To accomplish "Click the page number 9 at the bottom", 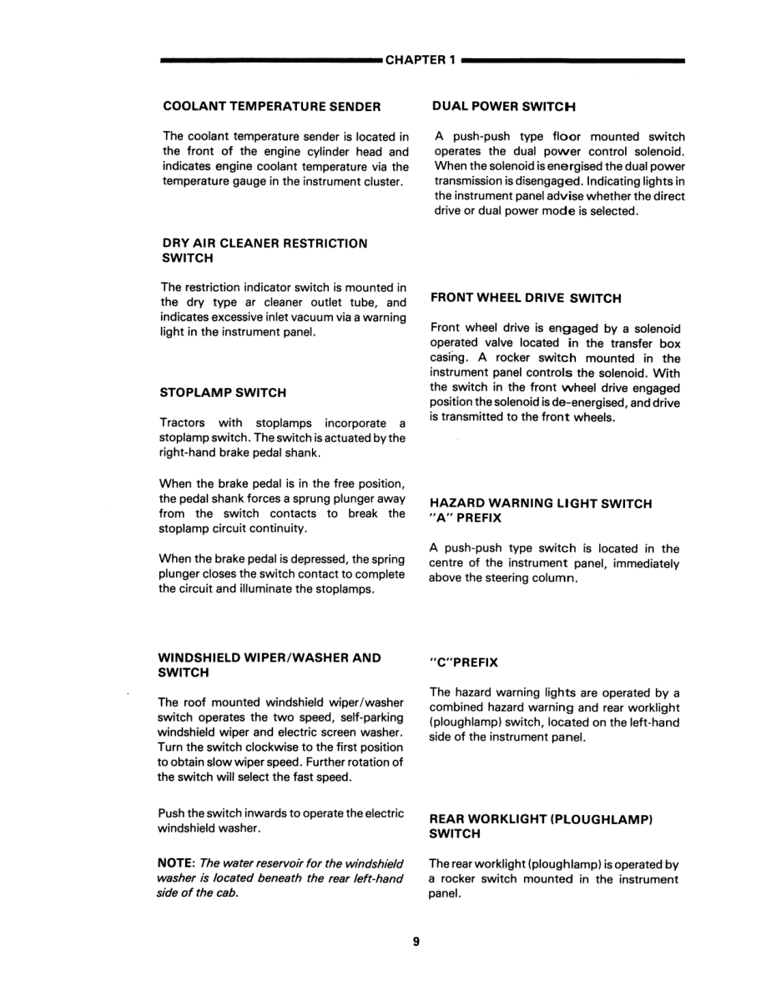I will tap(416, 942).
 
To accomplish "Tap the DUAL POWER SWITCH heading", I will tap(505, 107).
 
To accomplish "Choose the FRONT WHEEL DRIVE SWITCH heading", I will tap(526, 298).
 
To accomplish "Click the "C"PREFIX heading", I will tap(464, 662).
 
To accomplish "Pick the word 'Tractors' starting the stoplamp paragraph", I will tap(181, 423).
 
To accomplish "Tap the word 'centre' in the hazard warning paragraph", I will tap(449, 564).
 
